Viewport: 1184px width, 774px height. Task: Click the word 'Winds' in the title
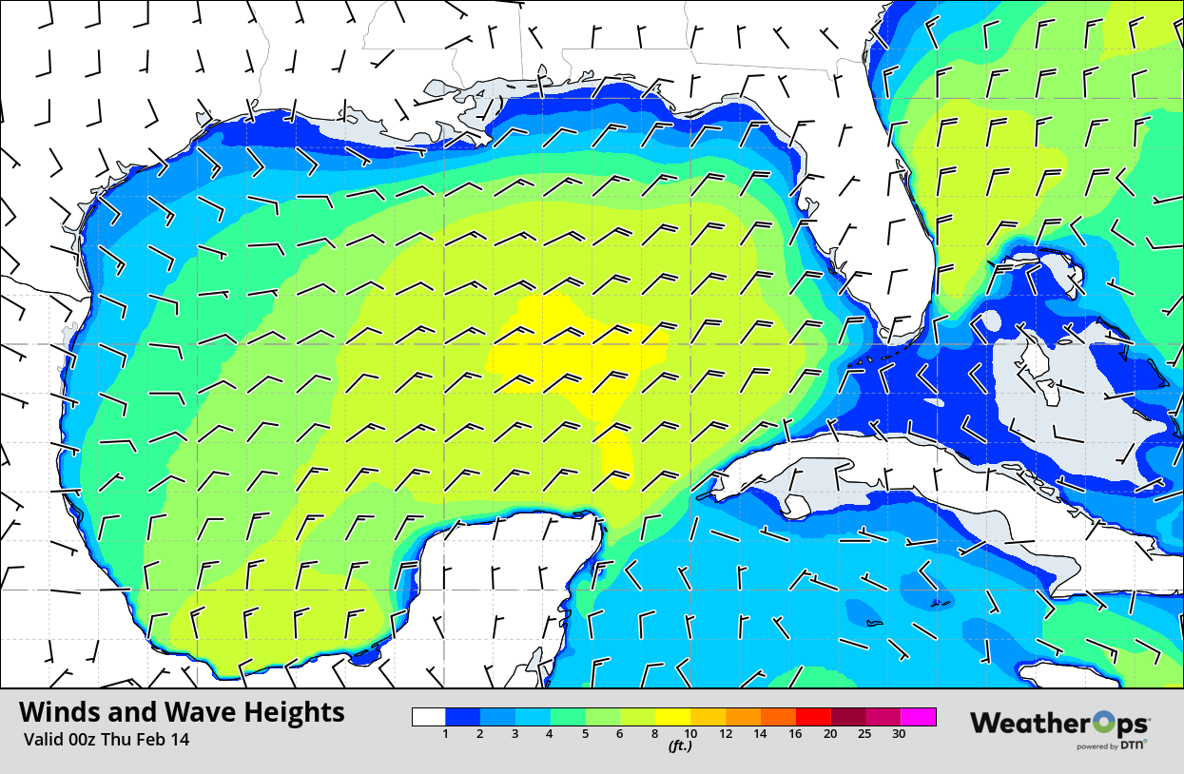(59, 713)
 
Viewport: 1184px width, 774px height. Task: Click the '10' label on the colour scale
(691, 733)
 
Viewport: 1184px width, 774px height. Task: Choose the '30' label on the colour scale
(899, 733)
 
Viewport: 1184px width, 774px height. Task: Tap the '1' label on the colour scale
(445, 733)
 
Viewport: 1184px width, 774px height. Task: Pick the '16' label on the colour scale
(795, 733)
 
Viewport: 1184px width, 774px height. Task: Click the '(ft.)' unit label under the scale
(679, 746)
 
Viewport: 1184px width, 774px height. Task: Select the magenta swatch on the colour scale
(919, 717)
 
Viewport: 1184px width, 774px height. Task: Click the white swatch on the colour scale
(429, 717)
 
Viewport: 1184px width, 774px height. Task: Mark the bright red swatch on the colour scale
(813, 717)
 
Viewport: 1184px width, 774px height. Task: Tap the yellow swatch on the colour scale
(674, 717)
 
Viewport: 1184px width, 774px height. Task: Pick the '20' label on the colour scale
(829, 733)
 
